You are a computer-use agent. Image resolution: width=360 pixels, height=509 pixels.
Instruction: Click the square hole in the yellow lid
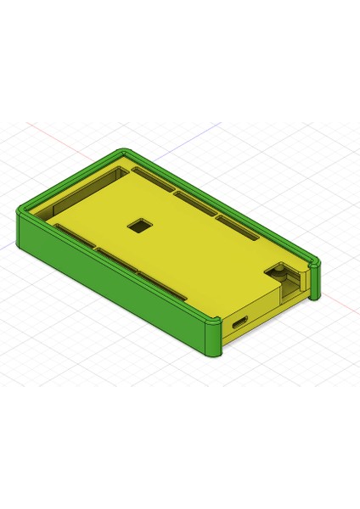(x=137, y=226)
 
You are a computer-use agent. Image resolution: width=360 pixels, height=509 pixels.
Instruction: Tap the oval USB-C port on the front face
(x=239, y=322)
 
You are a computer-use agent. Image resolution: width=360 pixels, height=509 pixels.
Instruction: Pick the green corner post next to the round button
(x=315, y=280)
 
